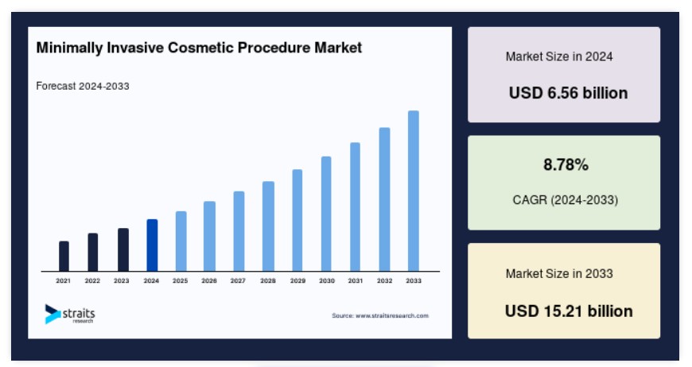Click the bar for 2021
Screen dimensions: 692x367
[x=64, y=256]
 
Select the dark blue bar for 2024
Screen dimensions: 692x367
[x=152, y=245]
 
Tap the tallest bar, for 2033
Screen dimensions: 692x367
[x=414, y=191]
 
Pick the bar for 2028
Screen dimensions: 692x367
[x=268, y=226]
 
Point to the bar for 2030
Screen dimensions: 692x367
[x=326, y=214]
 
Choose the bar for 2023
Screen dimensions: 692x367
[x=123, y=249]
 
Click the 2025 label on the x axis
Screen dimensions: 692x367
[x=180, y=280]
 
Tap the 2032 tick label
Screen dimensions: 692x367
[x=384, y=280]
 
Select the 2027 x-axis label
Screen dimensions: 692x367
[x=238, y=280]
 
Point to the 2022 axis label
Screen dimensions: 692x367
[x=92, y=280]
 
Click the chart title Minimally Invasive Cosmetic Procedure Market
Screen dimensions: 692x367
[x=199, y=48]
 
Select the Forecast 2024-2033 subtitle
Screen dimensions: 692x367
[x=83, y=86]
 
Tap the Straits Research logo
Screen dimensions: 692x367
[x=70, y=314]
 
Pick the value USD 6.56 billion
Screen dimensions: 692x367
[x=568, y=93]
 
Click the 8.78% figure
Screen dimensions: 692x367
[x=566, y=164]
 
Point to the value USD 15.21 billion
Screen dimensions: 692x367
[x=569, y=311]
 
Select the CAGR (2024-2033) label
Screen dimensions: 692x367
[x=565, y=200]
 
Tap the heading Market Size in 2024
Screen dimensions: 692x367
[x=559, y=56]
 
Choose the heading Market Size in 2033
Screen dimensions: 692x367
[x=559, y=273]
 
